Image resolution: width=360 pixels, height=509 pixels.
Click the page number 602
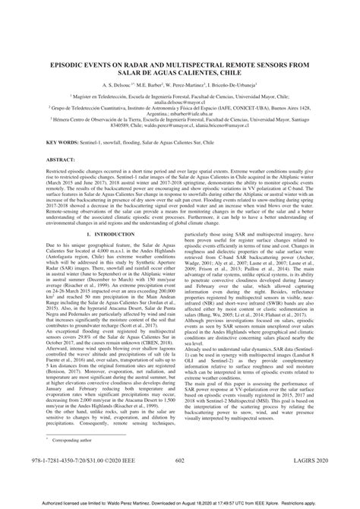point(179,480)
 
